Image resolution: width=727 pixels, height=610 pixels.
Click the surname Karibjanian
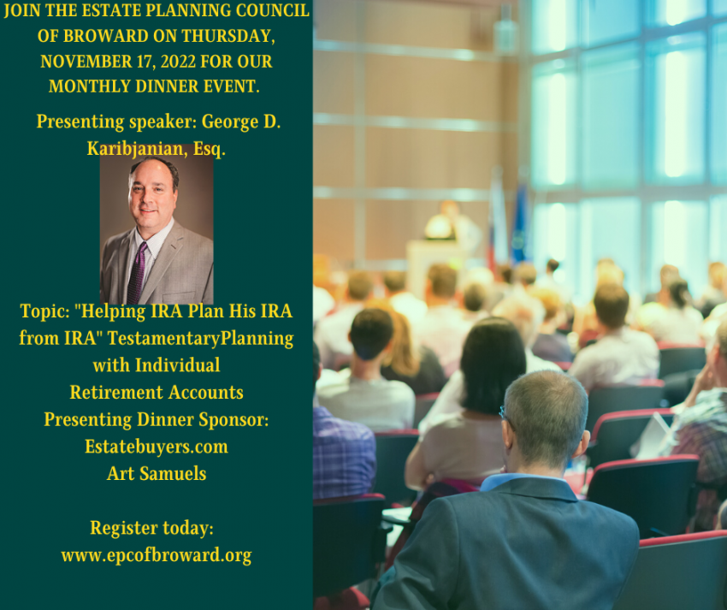138,149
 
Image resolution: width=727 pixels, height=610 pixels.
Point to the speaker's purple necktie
137,273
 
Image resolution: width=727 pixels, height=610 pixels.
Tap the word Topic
44,311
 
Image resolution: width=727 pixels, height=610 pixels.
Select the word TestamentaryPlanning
200,339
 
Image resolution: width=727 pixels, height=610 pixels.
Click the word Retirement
115,393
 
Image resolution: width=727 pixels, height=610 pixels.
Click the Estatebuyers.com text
157,447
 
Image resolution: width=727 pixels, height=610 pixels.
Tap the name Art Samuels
157,474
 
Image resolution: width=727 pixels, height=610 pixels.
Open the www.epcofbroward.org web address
157,555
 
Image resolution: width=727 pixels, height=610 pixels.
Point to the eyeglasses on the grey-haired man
505,414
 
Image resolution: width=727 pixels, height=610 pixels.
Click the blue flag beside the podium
519,222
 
